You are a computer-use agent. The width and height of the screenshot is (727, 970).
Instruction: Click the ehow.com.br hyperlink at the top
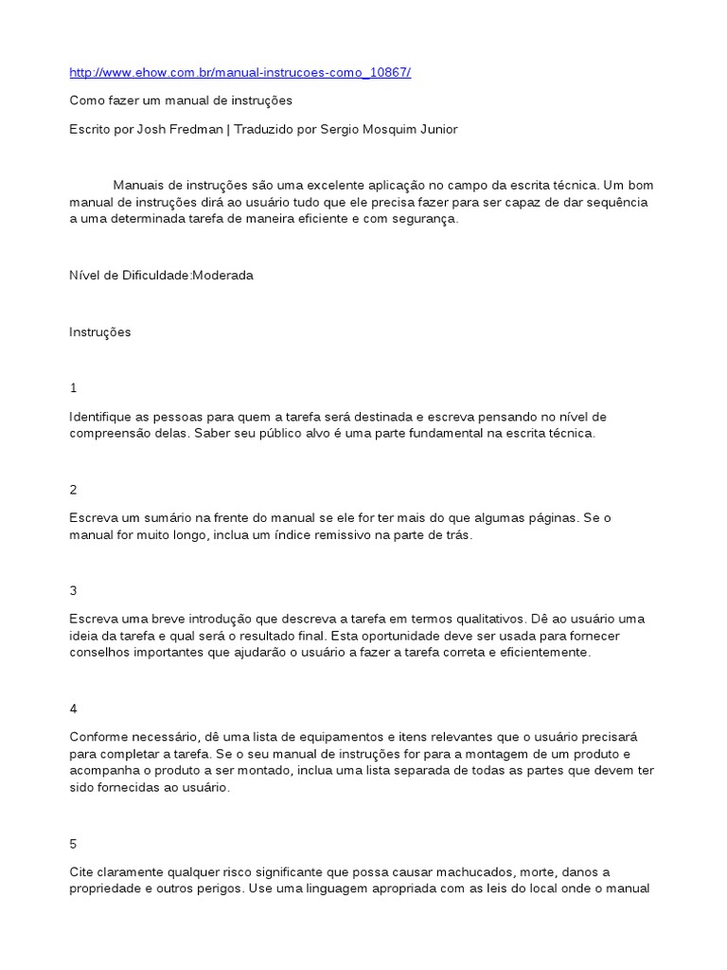coord(239,73)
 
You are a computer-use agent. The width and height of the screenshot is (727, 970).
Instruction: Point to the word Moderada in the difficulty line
coord(223,276)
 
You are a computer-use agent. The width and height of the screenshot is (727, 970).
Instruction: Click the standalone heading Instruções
coord(100,332)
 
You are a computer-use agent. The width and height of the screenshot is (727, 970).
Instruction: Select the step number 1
coord(73,388)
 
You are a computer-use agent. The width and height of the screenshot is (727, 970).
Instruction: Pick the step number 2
coord(73,490)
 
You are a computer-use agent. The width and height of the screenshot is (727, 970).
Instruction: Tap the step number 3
coord(73,590)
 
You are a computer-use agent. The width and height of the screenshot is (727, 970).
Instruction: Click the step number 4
coord(73,709)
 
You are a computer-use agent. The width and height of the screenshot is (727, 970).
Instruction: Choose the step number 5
coord(73,844)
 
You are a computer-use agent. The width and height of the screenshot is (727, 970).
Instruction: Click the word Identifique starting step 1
coord(103,417)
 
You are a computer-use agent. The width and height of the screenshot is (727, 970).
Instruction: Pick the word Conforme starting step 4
coord(98,737)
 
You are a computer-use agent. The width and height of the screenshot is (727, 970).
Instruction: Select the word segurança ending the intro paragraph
coord(426,219)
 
